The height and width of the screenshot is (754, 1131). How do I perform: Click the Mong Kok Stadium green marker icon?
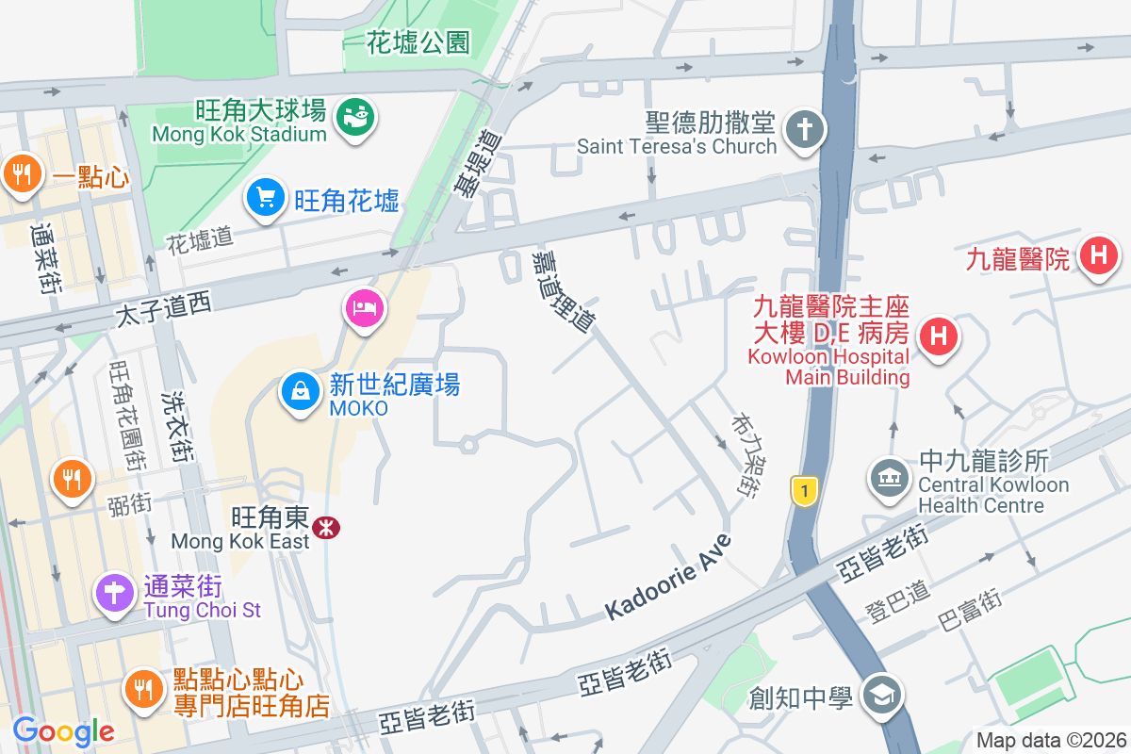click(x=355, y=117)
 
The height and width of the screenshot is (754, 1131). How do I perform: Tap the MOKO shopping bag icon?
click(x=301, y=389)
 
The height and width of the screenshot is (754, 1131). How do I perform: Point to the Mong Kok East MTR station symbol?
click(x=327, y=527)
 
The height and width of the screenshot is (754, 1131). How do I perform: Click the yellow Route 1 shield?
click(x=803, y=491)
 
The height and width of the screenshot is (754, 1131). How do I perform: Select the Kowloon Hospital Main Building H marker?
click(x=938, y=336)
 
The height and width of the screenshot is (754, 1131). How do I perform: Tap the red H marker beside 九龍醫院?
click(x=1098, y=255)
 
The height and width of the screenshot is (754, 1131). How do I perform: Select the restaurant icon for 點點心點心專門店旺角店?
click(x=144, y=690)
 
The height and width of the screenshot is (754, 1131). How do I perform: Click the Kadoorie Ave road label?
click(x=668, y=577)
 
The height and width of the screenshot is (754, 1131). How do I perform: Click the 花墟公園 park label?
click(x=418, y=41)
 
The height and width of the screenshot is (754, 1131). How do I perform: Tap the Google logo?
click(x=63, y=731)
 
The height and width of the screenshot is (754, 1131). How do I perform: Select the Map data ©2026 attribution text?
click(x=1050, y=740)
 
